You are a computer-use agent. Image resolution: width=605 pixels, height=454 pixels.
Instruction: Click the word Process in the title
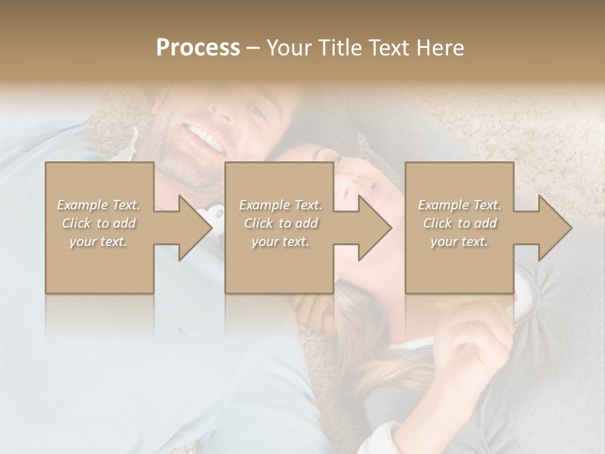[x=198, y=47]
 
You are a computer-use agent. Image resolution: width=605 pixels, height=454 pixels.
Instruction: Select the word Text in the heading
[x=389, y=47]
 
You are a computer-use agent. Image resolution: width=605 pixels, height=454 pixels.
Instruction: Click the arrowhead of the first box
[x=195, y=228]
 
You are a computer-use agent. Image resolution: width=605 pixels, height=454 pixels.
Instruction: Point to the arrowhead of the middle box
[x=374, y=228]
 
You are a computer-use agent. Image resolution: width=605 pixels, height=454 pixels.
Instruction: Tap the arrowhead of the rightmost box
[x=555, y=228]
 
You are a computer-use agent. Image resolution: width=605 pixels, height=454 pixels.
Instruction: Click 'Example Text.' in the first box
[x=98, y=205]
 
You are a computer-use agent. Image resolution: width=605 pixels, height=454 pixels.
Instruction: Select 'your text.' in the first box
[x=98, y=242]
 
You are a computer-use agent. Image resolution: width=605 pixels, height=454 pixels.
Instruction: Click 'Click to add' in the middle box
[x=280, y=223]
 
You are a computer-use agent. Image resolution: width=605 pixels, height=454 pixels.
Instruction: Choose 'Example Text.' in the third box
[x=459, y=205]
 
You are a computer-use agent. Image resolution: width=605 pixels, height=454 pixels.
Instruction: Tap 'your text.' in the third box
[x=459, y=242]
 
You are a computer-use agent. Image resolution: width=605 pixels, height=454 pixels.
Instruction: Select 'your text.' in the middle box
[x=280, y=242]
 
